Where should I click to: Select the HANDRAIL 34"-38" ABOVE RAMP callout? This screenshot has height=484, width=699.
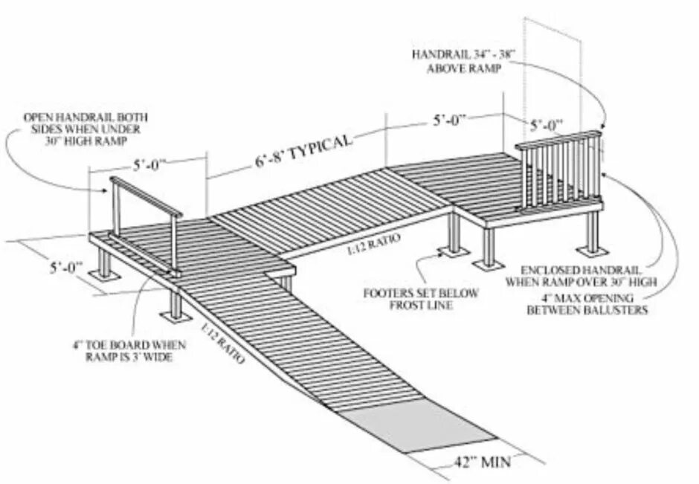click(457, 61)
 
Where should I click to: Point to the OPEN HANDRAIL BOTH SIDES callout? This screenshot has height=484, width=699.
click(86, 129)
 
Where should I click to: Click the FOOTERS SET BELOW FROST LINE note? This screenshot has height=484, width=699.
click(421, 299)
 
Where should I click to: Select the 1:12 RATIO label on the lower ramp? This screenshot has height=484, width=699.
click(219, 340)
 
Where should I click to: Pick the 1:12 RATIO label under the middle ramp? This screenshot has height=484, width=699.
click(371, 243)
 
